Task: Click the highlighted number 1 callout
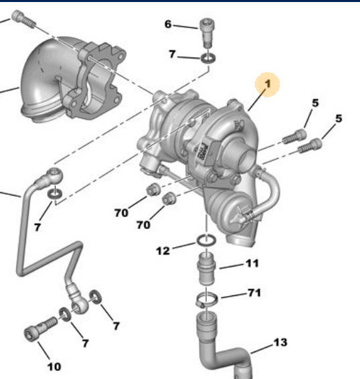pos(268,85)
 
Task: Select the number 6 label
pos(169,25)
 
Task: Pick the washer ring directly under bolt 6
pos(207,59)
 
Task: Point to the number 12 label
pos(163,251)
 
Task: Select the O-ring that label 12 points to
pos(206,241)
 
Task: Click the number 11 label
pos(251,263)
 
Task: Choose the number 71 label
pos(254,293)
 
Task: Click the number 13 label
pos(280,342)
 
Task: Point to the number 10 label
pos(53,366)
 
